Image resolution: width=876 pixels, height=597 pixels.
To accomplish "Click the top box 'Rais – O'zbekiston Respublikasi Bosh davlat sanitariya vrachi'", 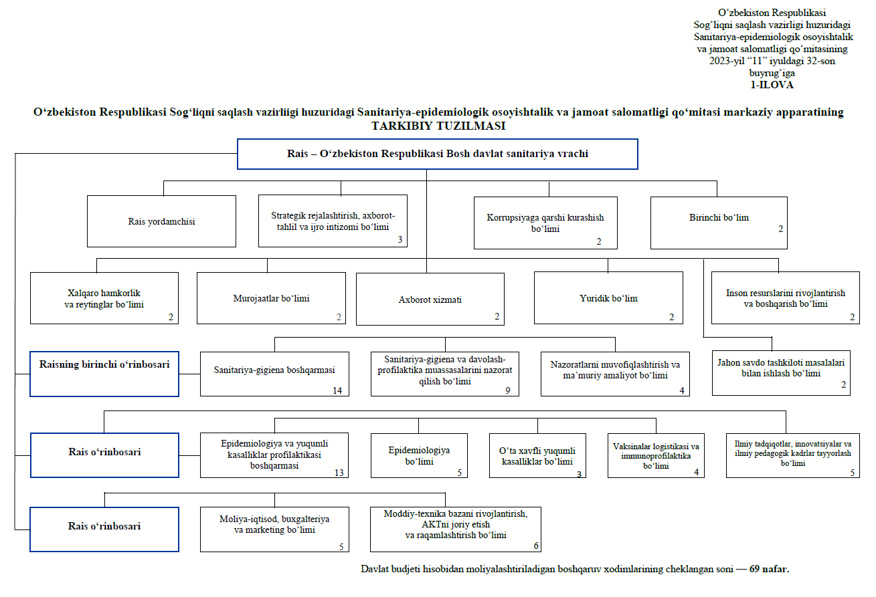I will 438,154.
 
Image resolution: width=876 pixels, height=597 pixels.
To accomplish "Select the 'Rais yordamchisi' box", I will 161,221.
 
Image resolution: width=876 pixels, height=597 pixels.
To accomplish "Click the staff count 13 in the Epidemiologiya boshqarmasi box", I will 339,473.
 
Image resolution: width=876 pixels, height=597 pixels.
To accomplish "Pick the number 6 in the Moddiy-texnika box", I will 536,546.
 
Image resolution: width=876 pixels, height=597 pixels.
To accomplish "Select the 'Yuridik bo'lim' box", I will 608,298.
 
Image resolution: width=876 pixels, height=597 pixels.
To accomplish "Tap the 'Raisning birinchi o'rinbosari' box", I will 104,365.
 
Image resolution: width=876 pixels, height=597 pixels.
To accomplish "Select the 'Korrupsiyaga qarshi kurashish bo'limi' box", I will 545,223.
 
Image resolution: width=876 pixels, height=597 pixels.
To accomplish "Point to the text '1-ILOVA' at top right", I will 772,85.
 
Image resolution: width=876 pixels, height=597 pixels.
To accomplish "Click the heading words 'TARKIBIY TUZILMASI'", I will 438,126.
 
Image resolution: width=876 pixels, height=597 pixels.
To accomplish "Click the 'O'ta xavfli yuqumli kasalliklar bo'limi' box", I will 537,456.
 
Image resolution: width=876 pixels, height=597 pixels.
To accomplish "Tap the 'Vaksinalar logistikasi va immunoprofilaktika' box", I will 656,455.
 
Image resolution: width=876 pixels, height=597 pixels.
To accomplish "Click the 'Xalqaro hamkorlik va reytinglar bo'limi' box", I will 104,299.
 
